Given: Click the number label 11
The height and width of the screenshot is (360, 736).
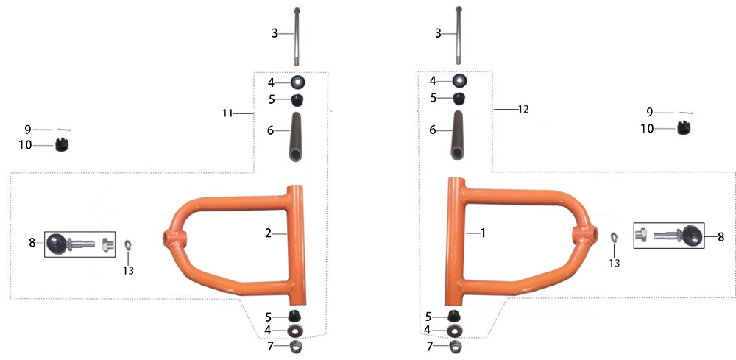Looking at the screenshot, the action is (x=227, y=113).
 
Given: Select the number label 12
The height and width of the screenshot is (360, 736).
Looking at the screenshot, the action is (x=523, y=109).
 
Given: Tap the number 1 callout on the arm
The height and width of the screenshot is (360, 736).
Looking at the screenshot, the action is (x=483, y=233).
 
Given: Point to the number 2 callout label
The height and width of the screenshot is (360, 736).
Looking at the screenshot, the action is (x=268, y=233).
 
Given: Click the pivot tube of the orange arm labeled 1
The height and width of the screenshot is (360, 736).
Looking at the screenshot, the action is (x=455, y=241).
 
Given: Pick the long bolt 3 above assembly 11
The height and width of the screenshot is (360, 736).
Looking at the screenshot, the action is (x=297, y=36).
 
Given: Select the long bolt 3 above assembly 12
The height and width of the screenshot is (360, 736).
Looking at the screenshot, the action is (x=459, y=35).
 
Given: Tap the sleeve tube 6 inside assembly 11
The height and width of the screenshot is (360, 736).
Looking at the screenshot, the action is (x=296, y=137).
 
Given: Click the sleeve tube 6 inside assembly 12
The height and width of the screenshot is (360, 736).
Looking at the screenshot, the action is (x=459, y=135).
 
